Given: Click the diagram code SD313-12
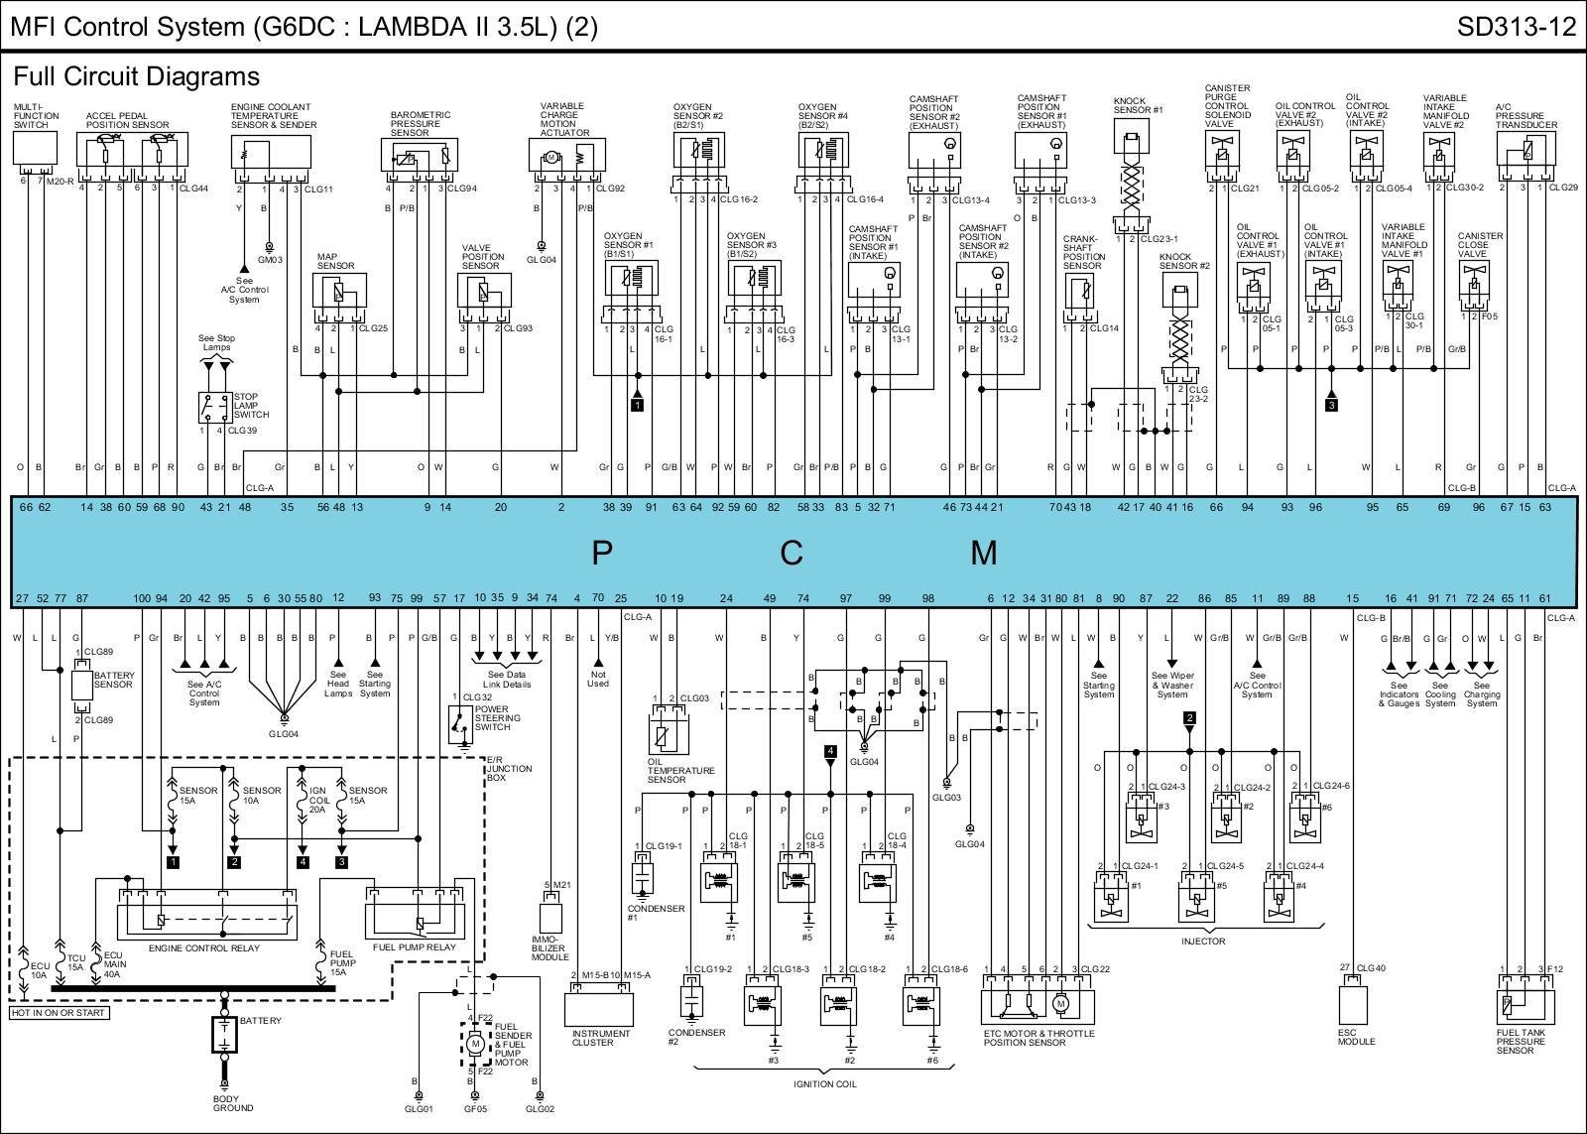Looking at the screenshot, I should point(1516,27).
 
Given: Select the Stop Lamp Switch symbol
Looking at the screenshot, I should point(215,408).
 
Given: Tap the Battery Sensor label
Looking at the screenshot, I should point(113,681).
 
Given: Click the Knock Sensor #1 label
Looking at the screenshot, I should point(1138,105).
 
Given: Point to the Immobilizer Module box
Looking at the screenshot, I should point(549,914).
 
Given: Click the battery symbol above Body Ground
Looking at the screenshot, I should point(225,1034).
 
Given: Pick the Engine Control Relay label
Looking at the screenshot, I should point(203,948).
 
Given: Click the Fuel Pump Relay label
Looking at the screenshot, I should point(414,947).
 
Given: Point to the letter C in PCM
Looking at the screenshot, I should point(791,552).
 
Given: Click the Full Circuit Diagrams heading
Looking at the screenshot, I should point(137,76).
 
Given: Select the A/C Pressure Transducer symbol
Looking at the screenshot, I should point(1526,152).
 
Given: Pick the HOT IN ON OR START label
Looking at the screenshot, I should point(59,1013).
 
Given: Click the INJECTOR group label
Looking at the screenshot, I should point(1203,941).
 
